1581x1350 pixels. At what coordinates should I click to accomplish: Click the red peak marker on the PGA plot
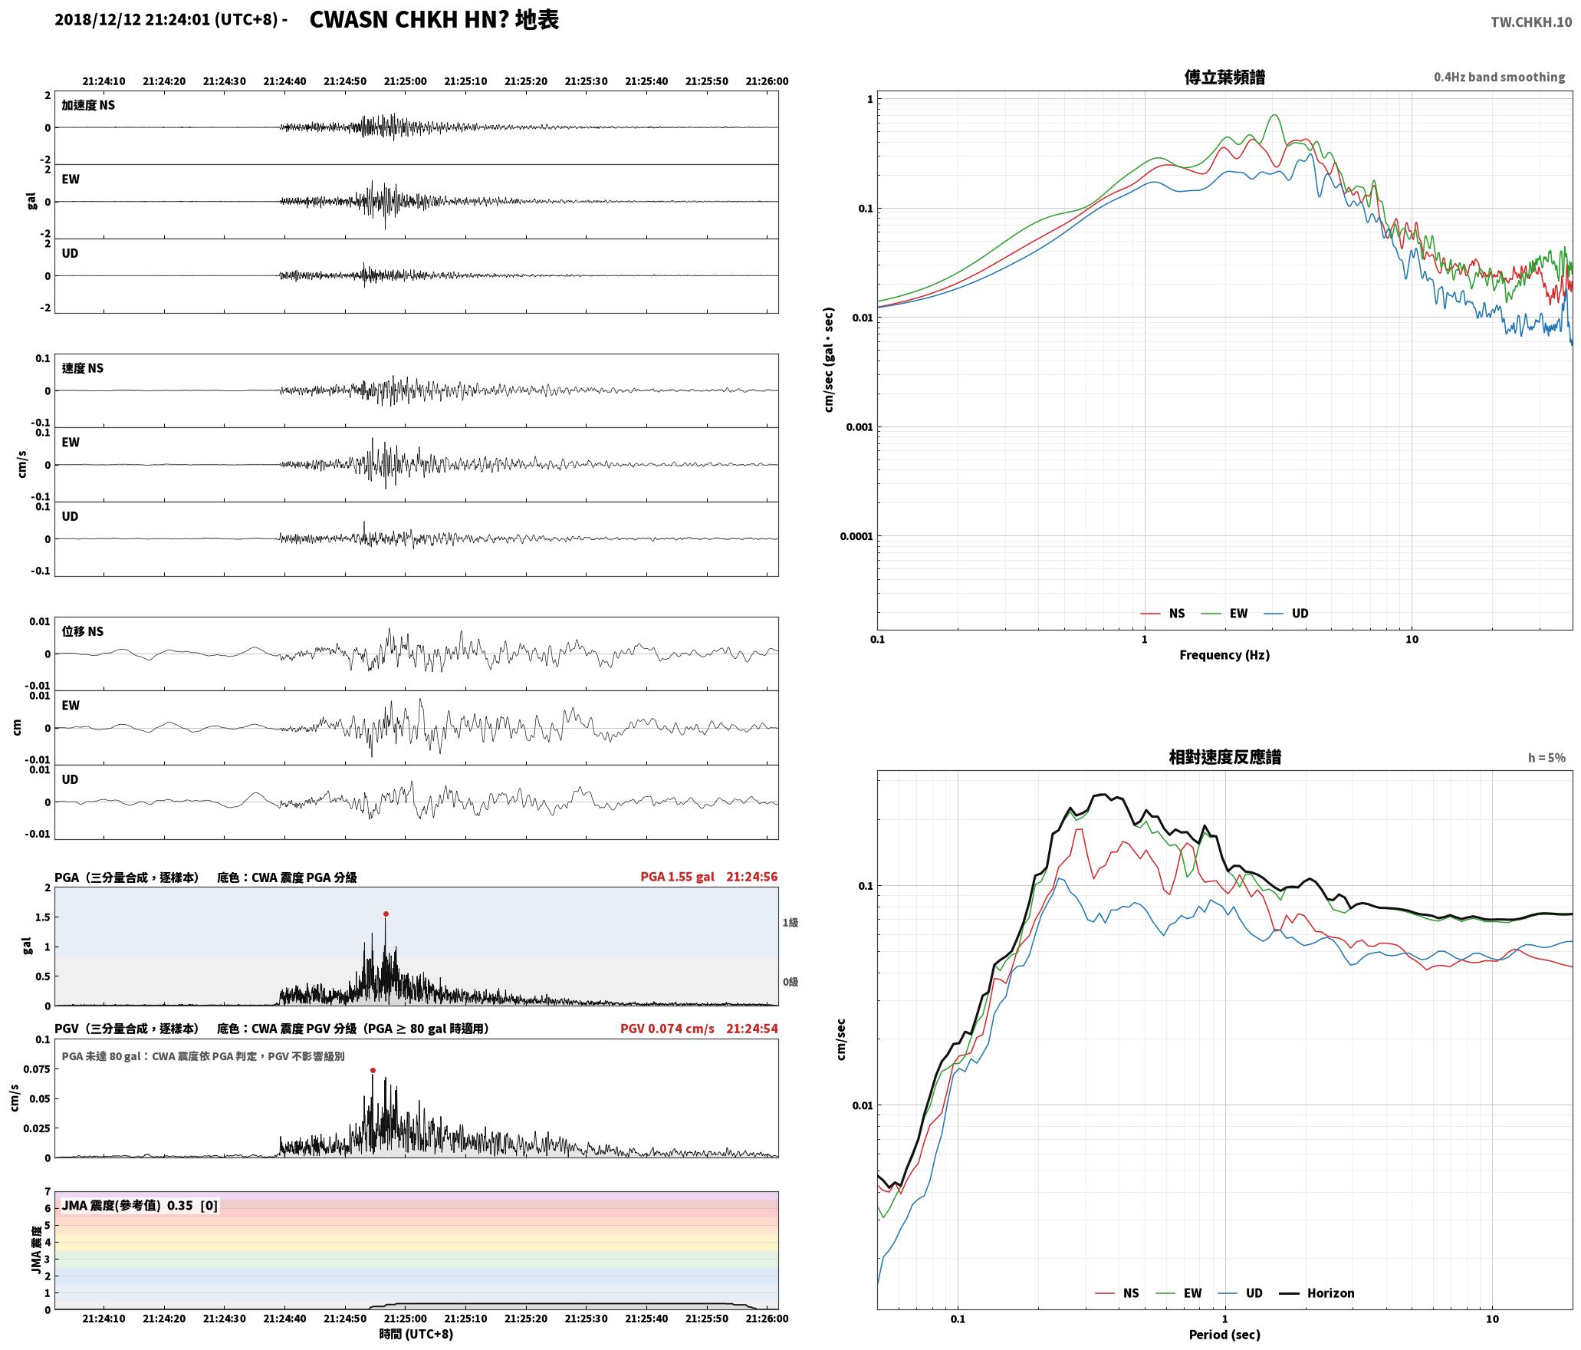[x=386, y=914]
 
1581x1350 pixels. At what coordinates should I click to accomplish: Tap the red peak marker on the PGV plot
[x=373, y=1070]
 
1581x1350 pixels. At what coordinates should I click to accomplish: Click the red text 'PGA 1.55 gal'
[x=677, y=877]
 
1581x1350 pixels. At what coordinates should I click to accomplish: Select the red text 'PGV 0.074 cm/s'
[x=667, y=1029]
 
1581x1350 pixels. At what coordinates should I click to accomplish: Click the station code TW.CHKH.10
[x=1531, y=22]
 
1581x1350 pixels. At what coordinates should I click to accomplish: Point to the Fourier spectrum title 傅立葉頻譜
[x=1224, y=77]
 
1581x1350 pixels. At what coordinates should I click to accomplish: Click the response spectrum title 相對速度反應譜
[x=1224, y=757]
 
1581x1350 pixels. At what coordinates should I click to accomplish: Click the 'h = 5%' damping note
[x=1546, y=758]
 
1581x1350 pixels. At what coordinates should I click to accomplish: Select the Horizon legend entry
[x=1316, y=1293]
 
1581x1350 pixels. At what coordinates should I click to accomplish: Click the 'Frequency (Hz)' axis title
[x=1224, y=655]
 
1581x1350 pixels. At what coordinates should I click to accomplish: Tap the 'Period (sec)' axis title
[x=1224, y=1335]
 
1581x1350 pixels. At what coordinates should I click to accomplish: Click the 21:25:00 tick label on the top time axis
[x=405, y=81]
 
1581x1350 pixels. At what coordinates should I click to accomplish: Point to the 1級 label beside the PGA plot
[x=790, y=923]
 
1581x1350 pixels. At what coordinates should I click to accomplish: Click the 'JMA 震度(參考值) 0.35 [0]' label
[x=140, y=1206]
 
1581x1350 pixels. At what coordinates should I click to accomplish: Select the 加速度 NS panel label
[x=88, y=105]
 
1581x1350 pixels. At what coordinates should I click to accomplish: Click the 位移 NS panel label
[x=82, y=631]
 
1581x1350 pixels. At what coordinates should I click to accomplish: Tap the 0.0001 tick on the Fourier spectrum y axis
[x=856, y=536]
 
